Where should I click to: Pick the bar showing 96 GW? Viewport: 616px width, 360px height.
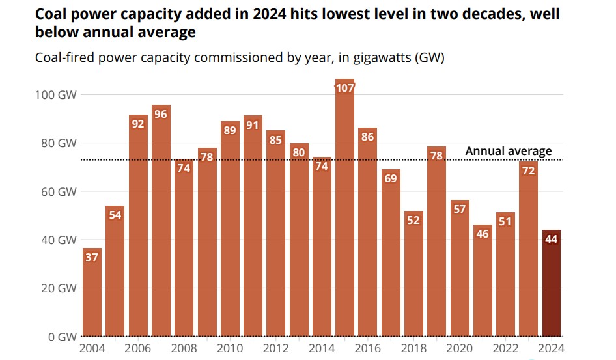click(161, 221)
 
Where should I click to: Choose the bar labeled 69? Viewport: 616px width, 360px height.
click(391, 254)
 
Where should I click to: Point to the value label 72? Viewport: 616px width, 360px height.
click(528, 171)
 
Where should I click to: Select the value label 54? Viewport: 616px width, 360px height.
click(115, 215)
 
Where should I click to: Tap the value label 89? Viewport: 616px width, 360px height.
click(230, 130)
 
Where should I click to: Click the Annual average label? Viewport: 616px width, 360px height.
click(508, 151)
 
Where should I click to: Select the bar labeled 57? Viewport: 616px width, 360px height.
click(460, 273)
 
